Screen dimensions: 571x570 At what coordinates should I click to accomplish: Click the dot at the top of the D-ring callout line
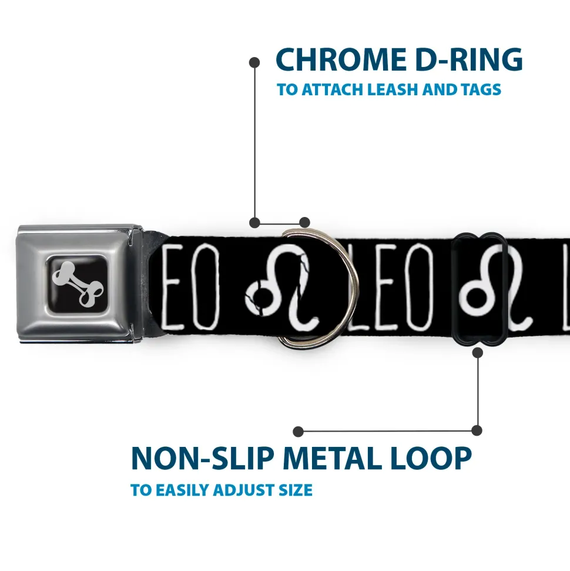(254, 62)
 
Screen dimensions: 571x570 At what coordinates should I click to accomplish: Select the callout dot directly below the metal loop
(478, 352)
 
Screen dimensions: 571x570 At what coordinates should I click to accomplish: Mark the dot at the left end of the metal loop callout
(299, 431)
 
